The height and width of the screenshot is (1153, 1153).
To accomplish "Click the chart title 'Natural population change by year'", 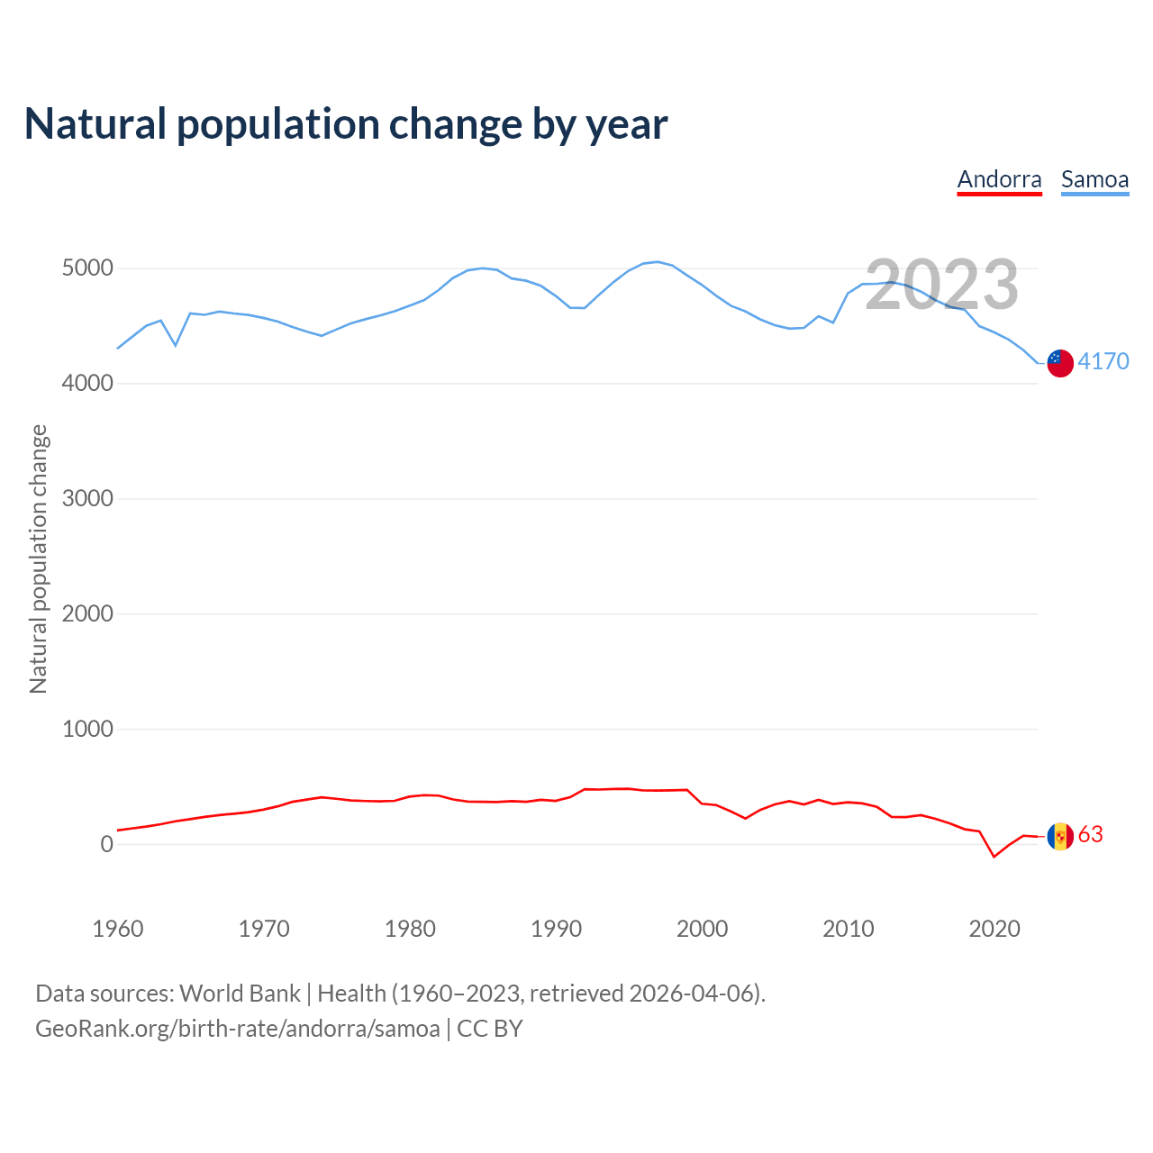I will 346,124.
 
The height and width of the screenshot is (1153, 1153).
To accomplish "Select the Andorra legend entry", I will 999,179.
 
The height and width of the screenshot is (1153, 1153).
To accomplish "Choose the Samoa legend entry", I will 1094,179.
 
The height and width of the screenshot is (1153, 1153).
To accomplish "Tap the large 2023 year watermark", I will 941,285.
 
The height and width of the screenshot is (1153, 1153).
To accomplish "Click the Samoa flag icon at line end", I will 1060,363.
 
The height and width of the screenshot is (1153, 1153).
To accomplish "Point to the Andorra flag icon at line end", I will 1060,836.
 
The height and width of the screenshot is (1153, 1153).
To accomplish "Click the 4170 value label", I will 1103,361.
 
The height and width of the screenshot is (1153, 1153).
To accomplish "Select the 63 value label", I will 1090,834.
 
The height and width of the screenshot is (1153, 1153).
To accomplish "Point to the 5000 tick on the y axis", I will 87,268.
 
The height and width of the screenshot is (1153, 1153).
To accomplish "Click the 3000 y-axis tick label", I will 87,499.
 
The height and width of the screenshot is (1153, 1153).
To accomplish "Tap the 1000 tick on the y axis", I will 87,730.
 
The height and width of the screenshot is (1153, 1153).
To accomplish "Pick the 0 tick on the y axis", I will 107,844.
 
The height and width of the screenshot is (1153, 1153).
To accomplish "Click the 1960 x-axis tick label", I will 118,929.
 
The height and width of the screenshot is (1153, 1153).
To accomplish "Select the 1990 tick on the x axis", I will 556,929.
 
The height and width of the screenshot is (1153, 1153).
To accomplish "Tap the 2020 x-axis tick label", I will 994,929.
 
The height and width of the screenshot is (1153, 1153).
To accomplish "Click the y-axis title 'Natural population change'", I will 39,558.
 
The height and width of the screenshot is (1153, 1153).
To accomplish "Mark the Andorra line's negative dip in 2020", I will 994,856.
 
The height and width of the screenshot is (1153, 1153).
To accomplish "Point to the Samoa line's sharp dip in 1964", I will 176,345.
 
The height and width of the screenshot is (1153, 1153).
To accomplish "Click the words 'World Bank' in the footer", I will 240,994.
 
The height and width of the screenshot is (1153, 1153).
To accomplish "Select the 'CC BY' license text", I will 489,1029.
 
